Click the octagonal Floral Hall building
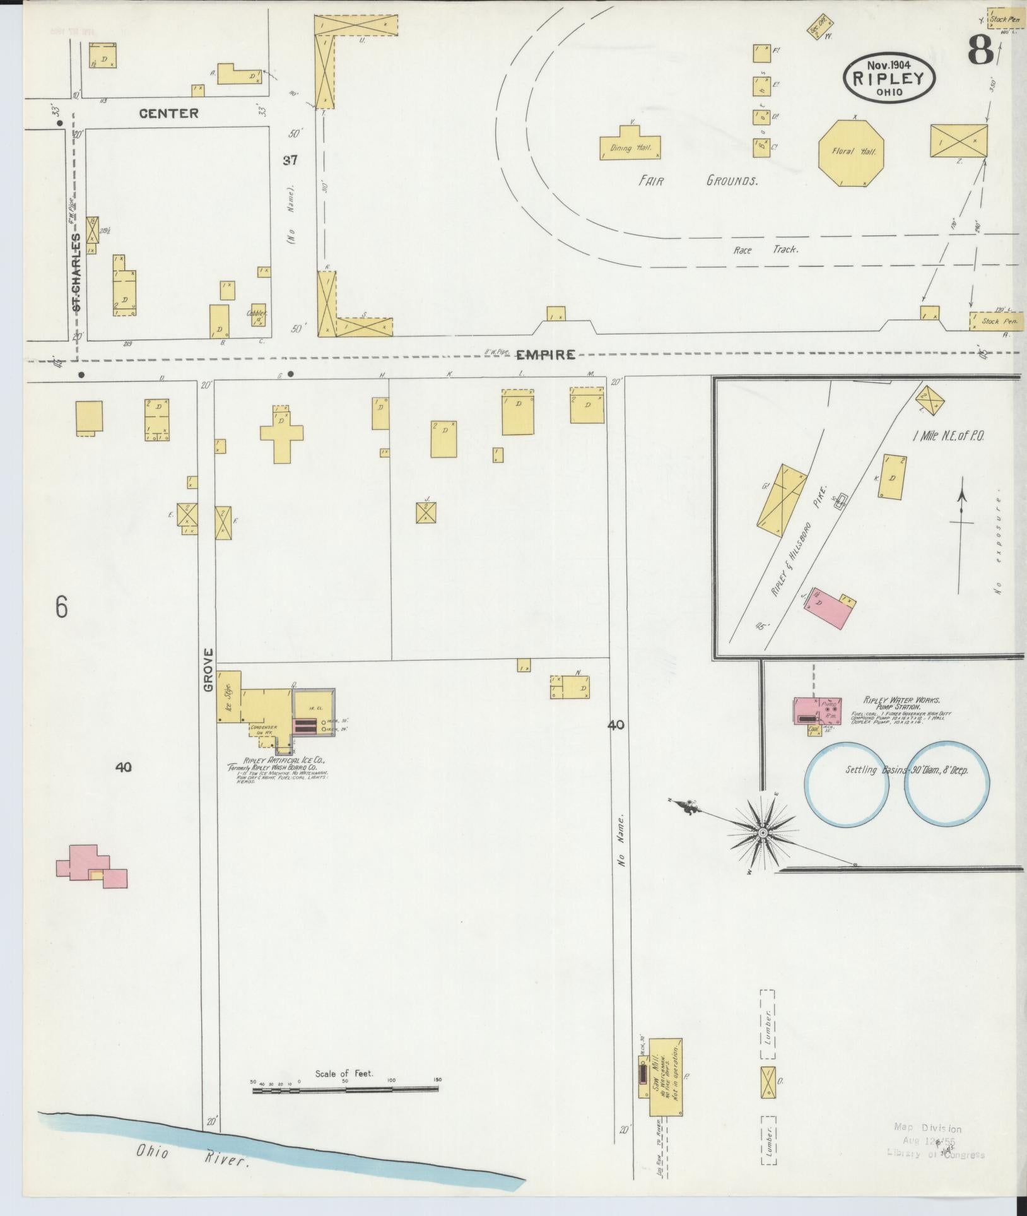850,152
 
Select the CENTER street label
168,114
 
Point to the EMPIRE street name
546,355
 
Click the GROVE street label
209,670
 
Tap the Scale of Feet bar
345,1089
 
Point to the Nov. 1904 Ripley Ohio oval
889,77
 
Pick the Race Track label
765,250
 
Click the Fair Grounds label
698,181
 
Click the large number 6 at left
61,606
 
